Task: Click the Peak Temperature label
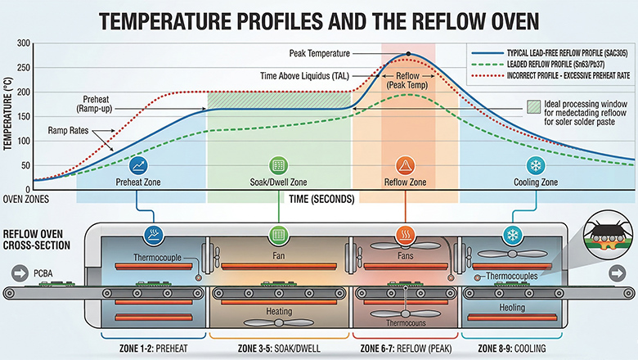tap(320, 53)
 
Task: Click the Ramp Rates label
tap(69, 129)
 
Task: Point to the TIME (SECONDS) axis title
tap(321, 199)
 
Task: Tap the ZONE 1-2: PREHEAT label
tap(152, 347)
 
